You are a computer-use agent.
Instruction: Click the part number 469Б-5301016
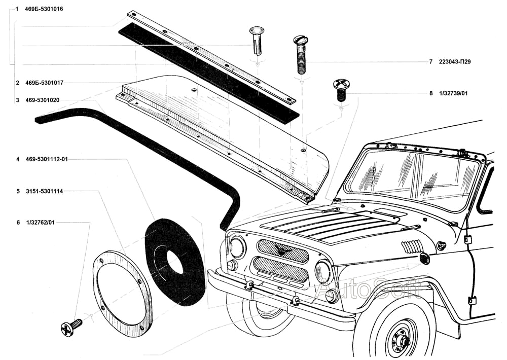pyautogui.click(x=44, y=9)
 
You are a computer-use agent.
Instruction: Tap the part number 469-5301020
pyautogui.click(x=43, y=100)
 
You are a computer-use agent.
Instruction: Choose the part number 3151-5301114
pyautogui.click(x=44, y=191)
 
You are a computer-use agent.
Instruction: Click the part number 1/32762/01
pyautogui.click(x=40, y=222)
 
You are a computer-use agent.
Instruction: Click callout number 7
pyautogui.click(x=430, y=62)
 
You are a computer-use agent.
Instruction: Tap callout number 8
pyautogui.click(x=430, y=93)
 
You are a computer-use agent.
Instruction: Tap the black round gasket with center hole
pyautogui.click(x=174, y=261)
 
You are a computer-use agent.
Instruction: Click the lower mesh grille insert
pyautogui.click(x=280, y=269)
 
